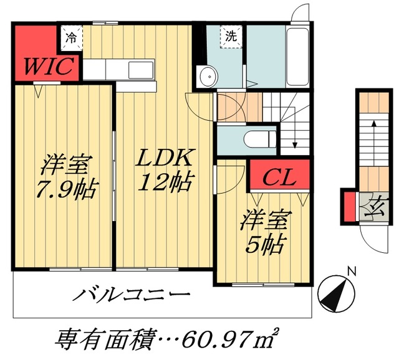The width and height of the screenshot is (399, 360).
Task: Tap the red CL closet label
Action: pos(278,177)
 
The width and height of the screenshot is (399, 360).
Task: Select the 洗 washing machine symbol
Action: pos(230,37)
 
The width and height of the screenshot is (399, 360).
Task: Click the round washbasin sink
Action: pos(206,77)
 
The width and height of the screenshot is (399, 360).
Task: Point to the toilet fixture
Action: pos(257,138)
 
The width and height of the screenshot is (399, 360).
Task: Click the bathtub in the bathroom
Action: pos(297,56)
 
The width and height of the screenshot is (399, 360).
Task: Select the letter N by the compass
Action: pos(352,272)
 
